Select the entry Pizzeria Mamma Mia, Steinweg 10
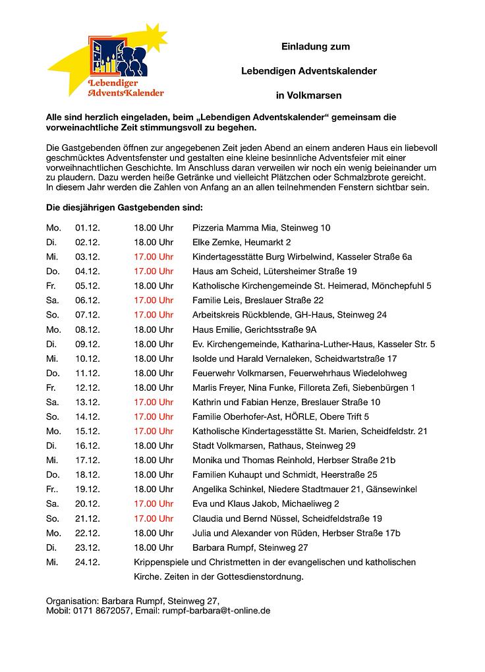261,228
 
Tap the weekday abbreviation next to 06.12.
52,300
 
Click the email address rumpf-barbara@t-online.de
216,611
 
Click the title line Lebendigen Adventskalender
308,71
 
